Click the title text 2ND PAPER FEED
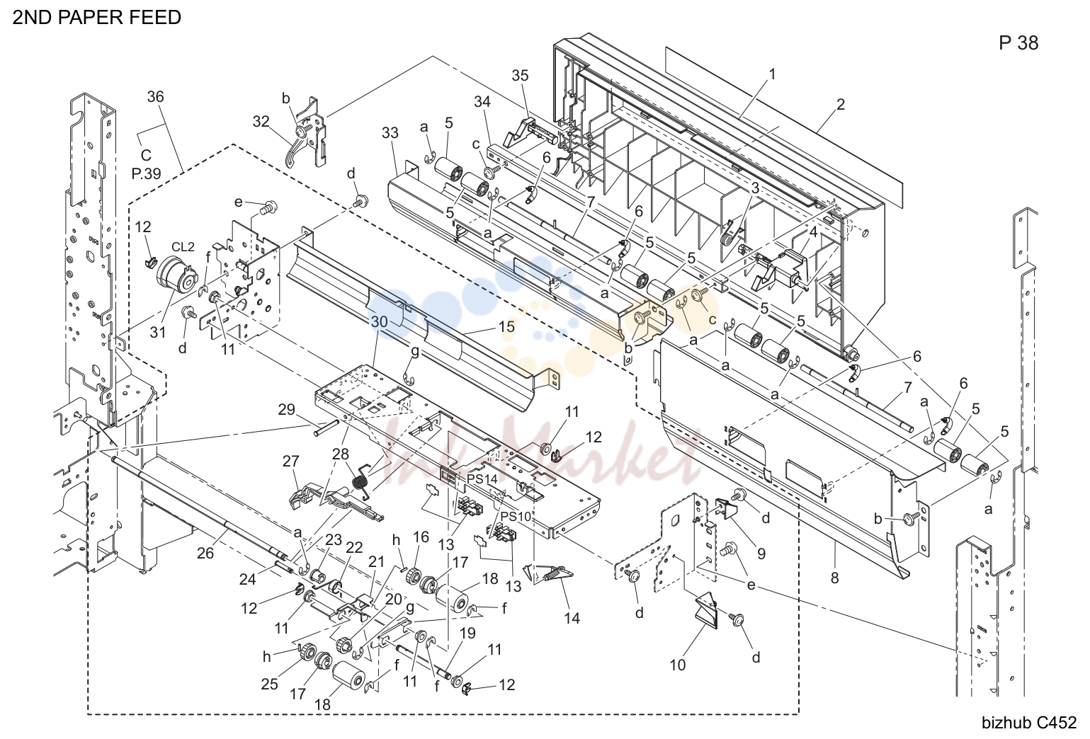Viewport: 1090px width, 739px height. (x=96, y=18)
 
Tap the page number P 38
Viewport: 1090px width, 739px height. (x=1018, y=43)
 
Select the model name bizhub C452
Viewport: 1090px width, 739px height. (x=1029, y=723)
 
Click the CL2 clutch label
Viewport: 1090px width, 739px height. (x=183, y=247)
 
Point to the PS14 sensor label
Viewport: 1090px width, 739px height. (x=482, y=479)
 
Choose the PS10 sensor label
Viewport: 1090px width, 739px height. (x=516, y=516)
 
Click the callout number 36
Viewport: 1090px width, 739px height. (x=156, y=97)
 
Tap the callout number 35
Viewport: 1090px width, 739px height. (x=520, y=75)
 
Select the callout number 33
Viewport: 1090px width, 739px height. (x=390, y=133)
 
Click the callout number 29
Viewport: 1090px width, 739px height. (x=287, y=410)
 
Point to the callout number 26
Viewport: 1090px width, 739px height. (x=205, y=553)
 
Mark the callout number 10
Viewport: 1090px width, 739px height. (x=678, y=665)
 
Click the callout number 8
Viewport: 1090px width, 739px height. (x=835, y=578)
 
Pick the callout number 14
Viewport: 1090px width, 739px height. (x=572, y=619)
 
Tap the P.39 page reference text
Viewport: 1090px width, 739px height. (x=147, y=173)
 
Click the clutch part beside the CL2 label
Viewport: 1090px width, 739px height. (x=176, y=275)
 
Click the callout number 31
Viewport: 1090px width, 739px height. (x=158, y=333)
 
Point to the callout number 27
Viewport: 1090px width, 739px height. (x=291, y=460)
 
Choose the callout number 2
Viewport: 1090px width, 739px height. (x=841, y=105)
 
